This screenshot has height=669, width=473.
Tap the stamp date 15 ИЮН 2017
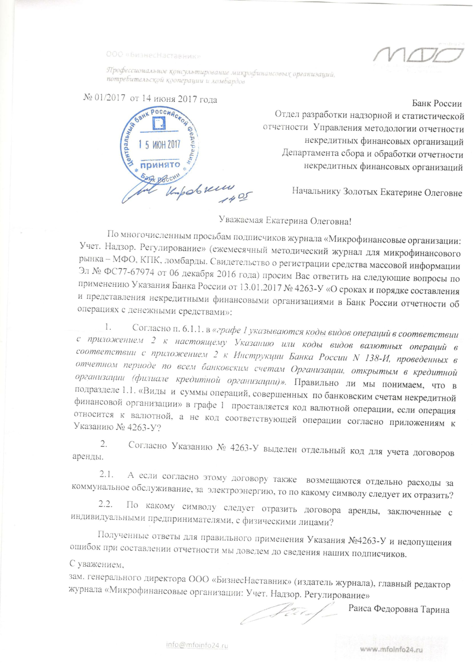tap(159, 145)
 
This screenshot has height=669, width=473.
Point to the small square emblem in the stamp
tap(159, 123)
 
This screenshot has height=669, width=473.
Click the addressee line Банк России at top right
tap(437, 104)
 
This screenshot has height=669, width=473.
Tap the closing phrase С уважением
tap(97, 564)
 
